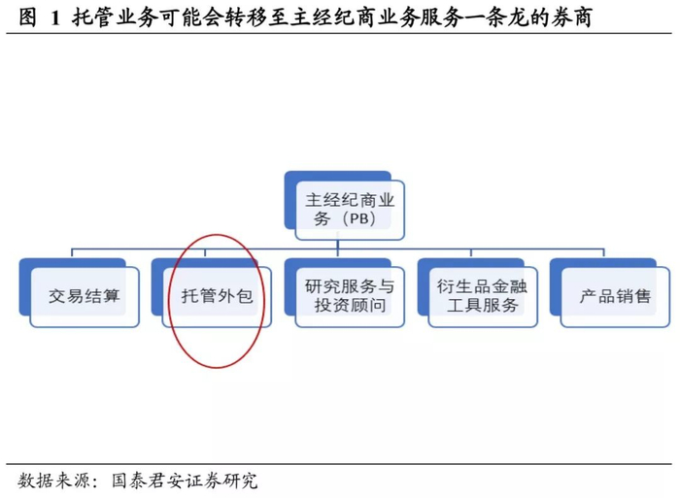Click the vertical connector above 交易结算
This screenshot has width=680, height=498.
(x=75, y=249)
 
